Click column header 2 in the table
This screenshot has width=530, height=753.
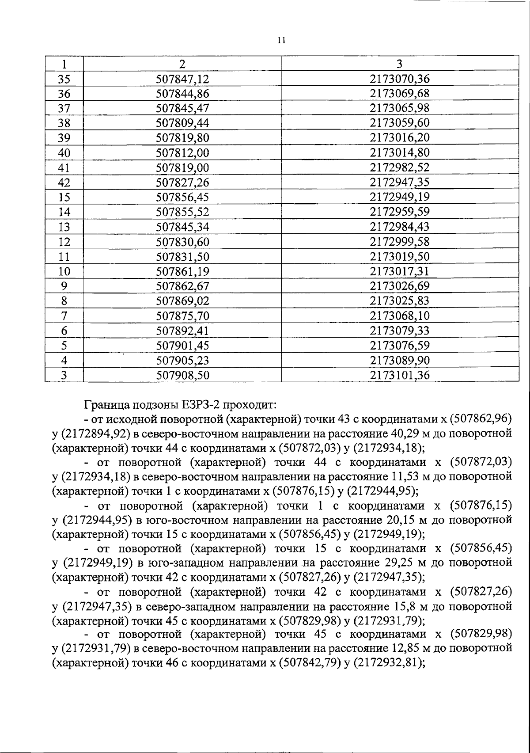(x=182, y=64)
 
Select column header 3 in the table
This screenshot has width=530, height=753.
(x=399, y=64)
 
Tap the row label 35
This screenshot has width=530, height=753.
(x=64, y=79)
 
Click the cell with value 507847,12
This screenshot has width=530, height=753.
(x=182, y=79)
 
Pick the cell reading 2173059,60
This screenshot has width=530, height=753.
(x=400, y=123)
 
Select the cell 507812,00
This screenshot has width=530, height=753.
(x=182, y=152)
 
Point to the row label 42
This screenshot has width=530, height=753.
(x=64, y=182)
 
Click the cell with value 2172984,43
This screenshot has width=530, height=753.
(x=400, y=227)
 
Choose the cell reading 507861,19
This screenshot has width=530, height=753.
(x=182, y=271)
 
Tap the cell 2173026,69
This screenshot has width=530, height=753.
(x=400, y=286)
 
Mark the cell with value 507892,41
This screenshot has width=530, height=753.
(x=182, y=331)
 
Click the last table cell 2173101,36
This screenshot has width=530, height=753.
(x=400, y=375)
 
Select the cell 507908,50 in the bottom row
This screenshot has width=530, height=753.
(x=182, y=375)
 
